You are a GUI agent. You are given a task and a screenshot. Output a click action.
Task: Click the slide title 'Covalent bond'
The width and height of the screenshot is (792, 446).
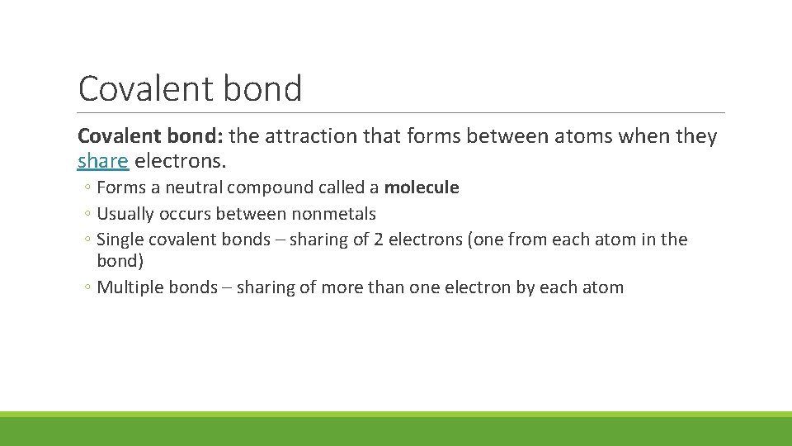pos(190,88)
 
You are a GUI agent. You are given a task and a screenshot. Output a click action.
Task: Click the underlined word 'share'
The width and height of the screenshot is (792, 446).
pos(103,160)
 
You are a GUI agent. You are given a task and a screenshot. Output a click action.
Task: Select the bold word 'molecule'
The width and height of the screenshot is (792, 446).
pos(422,187)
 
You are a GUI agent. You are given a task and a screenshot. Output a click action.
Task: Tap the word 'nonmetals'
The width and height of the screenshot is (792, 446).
pos(333,214)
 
